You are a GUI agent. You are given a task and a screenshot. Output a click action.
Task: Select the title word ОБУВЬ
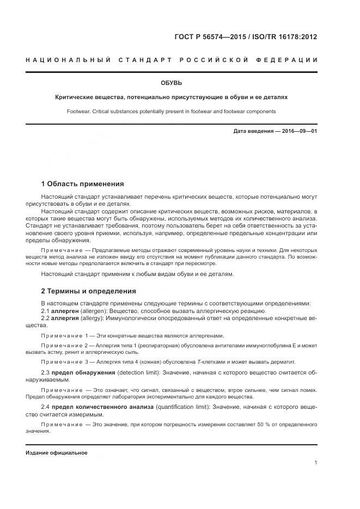click(x=171, y=83)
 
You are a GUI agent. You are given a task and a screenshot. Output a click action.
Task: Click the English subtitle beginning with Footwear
click(x=171, y=111)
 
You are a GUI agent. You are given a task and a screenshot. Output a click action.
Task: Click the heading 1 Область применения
click(x=82, y=184)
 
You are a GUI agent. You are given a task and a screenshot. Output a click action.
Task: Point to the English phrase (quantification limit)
click(x=182, y=407)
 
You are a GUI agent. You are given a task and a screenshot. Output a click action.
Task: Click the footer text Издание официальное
click(x=56, y=453)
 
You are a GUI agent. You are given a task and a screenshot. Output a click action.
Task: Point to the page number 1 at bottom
click(x=315, y=463)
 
